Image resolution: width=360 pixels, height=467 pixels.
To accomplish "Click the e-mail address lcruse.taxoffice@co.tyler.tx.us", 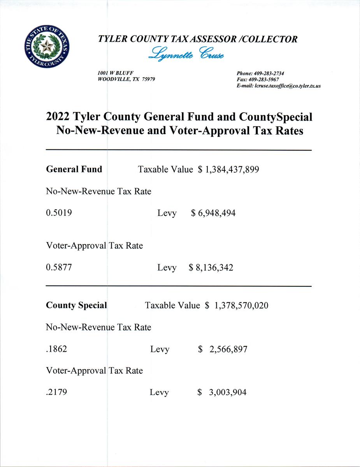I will point(287,86).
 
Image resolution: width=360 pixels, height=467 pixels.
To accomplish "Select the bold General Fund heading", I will point(74,169).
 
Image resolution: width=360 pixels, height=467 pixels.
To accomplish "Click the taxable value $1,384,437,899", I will point(228,170).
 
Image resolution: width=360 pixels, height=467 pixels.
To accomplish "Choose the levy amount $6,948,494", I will point(213,213).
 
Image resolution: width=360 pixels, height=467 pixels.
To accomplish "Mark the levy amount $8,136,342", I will point(211,268).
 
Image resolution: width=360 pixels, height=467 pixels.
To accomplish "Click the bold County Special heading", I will point(76,305).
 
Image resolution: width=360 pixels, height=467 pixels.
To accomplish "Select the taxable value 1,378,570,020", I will point(241,306).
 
